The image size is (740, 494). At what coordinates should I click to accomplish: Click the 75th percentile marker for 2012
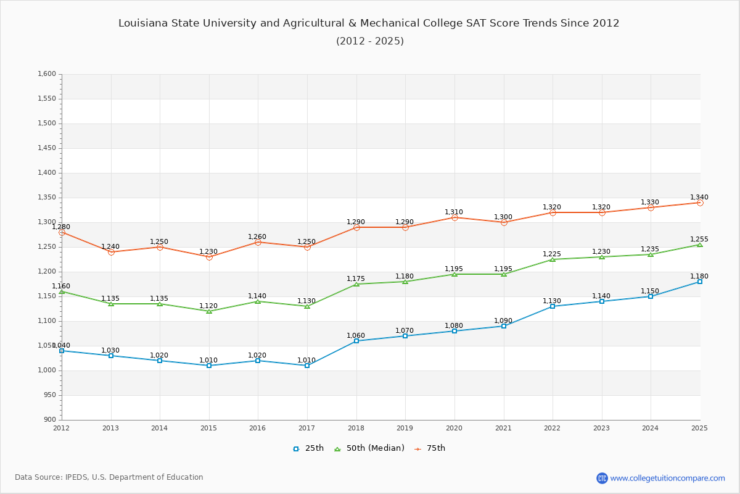(62, 232)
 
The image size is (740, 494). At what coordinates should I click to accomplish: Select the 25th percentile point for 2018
(356, 341)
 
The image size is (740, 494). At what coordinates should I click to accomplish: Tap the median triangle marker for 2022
(553, 259)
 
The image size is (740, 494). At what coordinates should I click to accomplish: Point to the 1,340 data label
(699, 198)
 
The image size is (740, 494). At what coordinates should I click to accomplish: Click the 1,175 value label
(356, 279)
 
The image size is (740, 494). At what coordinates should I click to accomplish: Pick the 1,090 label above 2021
(503, 321)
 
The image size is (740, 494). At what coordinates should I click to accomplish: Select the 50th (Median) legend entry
(369, 448)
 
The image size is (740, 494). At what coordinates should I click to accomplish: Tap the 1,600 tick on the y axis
(47, 74)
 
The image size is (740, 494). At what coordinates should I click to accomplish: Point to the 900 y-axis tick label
(49, 420)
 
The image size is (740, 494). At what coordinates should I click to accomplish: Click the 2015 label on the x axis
(208, 428)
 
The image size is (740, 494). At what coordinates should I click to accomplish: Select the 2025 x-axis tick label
(699, 428)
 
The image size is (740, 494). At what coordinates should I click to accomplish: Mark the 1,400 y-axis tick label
(47, 173)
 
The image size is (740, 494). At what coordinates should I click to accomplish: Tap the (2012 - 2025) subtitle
(370, 41)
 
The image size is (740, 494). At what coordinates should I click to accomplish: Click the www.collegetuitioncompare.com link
(667, 478)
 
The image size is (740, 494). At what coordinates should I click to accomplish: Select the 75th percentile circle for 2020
(454, 217)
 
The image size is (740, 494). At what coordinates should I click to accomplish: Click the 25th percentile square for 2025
(700, 282)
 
